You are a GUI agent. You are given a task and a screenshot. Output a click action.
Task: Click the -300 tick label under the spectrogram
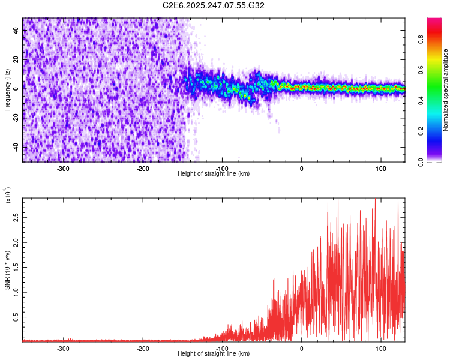pos(63,169)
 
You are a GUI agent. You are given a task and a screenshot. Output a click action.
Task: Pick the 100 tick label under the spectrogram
pos(381,169)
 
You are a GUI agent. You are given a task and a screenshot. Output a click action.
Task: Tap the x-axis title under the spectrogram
pos(214,174)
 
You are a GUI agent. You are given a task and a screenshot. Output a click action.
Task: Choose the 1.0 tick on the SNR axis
pos(16,291)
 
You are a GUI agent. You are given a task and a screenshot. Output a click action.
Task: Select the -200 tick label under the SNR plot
pos(142,349)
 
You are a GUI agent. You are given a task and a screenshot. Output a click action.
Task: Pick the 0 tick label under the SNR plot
pos(302,349)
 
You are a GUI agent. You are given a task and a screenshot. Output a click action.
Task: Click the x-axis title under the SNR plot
pos(214,354)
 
